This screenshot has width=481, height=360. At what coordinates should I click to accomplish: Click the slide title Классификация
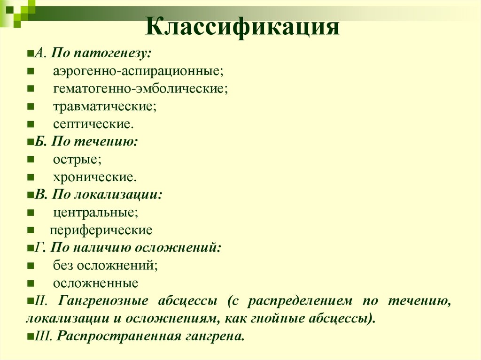click(x=242, y=28)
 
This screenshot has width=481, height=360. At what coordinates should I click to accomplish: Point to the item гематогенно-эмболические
click(x=140, y=89)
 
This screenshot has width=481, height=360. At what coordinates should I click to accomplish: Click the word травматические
click(x=104, y=107)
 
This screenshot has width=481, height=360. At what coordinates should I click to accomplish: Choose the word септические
click(x=93, y=124)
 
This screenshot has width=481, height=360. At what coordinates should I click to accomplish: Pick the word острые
click(x=77, y=159)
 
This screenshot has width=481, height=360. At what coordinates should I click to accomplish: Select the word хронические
click(x=95, y=177)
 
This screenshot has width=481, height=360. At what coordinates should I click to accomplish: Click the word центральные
click(x=95, y=212)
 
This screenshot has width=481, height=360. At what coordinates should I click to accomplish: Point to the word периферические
click(x=101, y=230)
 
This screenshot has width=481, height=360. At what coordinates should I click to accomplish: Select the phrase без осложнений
click(x=105, y=265)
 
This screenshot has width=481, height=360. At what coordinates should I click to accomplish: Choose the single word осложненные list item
click(x=95, y=283)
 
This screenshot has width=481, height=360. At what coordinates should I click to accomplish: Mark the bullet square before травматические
click(x=30, y=107)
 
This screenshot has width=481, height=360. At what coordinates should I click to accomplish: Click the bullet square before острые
click(x=30, y=160)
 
